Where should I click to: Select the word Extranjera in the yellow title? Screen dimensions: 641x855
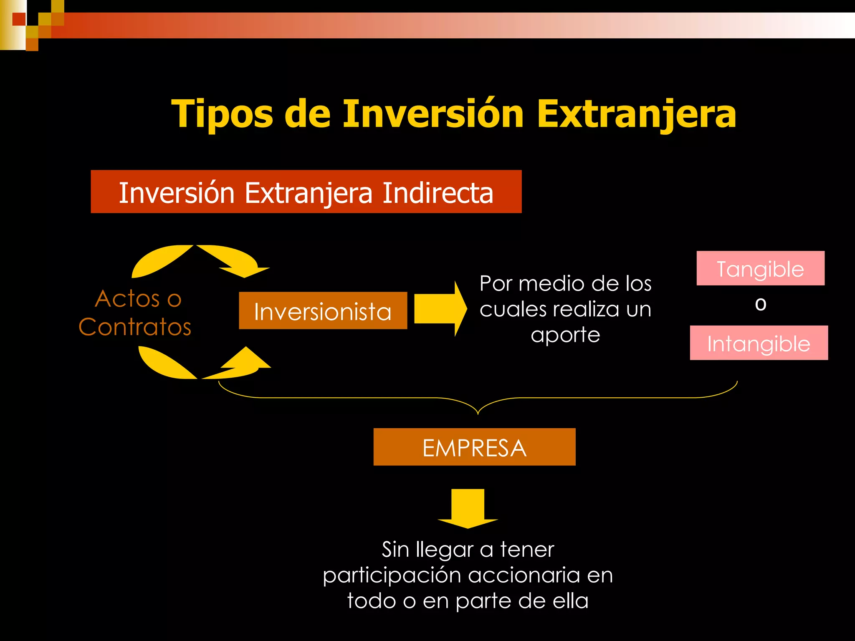636,114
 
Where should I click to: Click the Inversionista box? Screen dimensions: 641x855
323,311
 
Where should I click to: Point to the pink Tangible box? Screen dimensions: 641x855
760,268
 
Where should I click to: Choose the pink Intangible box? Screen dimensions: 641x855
759,343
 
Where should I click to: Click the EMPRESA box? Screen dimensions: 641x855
474,447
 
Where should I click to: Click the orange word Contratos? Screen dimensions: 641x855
135,327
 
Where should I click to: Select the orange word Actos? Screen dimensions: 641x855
127,299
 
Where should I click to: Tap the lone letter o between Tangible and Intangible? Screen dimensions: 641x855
761,305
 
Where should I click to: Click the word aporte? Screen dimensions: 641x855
565,335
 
